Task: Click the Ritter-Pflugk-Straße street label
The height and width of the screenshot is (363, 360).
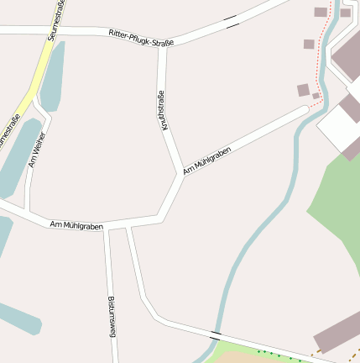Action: pyautogui.click(x=141, y=37)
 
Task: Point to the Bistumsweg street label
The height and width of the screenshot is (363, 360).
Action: pyautogui.click(x=111, y=316)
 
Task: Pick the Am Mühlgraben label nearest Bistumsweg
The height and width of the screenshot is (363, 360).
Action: pyautogui.click(x=76, y=225)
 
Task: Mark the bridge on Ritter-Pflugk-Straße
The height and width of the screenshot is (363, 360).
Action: pyautogui.click(x=231, y=21)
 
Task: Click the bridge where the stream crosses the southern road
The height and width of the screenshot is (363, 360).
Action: pyautogui.click(x=216, y=334)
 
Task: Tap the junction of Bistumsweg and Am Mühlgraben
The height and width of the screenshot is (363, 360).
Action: pyautogui.click(x=107, y=227)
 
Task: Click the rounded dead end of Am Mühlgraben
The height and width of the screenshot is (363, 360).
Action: pyautogui.click(x=303, y=111)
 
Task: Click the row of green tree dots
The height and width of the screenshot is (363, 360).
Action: pyautogui.click(x=277, y=355)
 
